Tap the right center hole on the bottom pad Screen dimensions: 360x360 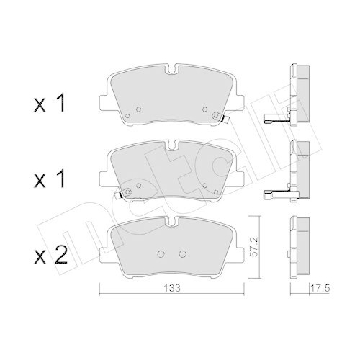coord(182,253)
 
